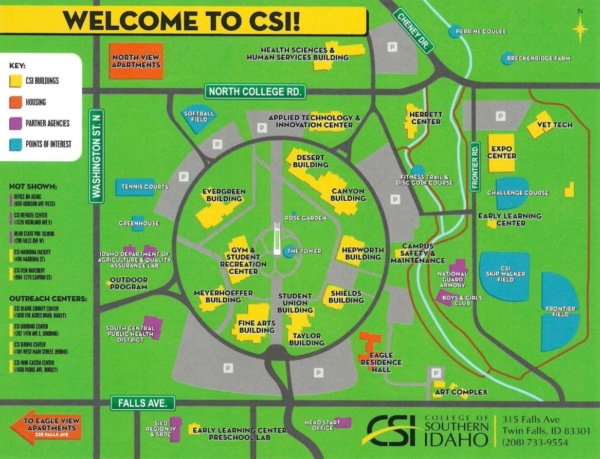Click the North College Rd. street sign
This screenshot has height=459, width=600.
256,92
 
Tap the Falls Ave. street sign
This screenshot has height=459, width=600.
143,403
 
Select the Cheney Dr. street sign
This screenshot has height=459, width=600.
413,31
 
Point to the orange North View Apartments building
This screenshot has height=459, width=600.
136,61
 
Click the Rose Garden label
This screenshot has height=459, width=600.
308,218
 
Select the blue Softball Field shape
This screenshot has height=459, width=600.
199,120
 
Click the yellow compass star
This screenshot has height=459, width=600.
580,29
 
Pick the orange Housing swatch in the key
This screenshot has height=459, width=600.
15,102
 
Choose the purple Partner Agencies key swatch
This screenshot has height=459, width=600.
15,123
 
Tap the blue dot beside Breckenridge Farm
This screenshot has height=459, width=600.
507,59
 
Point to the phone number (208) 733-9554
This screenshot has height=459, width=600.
535,442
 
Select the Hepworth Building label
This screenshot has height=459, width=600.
362,253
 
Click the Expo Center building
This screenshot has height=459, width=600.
501,152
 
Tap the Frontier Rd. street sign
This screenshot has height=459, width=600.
475,165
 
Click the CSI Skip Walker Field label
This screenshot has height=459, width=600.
505,274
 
